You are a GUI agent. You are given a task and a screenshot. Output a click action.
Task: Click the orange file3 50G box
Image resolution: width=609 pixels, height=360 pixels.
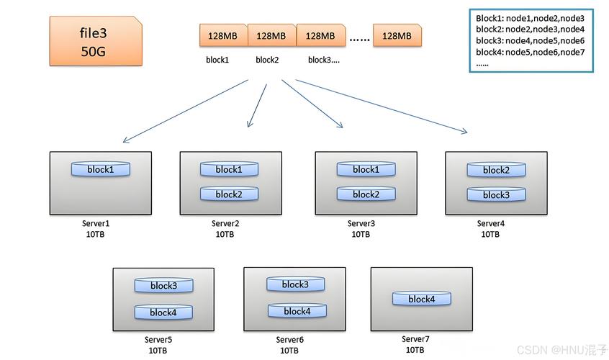(96, 42)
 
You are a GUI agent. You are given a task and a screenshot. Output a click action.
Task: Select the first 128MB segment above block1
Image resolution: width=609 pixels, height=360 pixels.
(223, 35)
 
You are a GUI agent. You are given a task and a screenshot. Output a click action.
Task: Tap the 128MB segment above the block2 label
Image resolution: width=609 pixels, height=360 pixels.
(271, 35)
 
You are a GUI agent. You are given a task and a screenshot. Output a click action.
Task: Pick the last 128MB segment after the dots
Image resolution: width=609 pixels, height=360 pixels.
(397, 35)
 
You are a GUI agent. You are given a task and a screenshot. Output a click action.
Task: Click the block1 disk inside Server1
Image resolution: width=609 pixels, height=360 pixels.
(100, 169)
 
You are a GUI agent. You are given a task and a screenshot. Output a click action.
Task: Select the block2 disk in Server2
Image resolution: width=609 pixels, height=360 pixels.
(228, 194)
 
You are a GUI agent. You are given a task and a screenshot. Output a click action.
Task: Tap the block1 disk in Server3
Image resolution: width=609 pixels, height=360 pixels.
(365, 169)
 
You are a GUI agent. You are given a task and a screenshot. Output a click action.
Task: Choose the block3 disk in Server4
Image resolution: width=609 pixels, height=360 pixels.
(495, 194)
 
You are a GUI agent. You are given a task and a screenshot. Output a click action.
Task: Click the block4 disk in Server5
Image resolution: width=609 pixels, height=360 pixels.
(163, 312)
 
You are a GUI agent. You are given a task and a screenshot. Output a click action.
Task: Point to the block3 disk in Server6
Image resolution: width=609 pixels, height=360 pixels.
(295, 284)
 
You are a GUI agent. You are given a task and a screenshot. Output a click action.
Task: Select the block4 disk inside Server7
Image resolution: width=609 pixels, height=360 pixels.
(421, 299)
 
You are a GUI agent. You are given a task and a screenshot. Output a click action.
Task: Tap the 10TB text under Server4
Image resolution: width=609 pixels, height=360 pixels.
(490, 235)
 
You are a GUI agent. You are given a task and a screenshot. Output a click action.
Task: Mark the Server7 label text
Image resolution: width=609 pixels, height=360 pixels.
(415, 339)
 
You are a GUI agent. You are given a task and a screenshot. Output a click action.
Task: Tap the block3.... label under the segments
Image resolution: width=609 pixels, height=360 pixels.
(323, 60)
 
